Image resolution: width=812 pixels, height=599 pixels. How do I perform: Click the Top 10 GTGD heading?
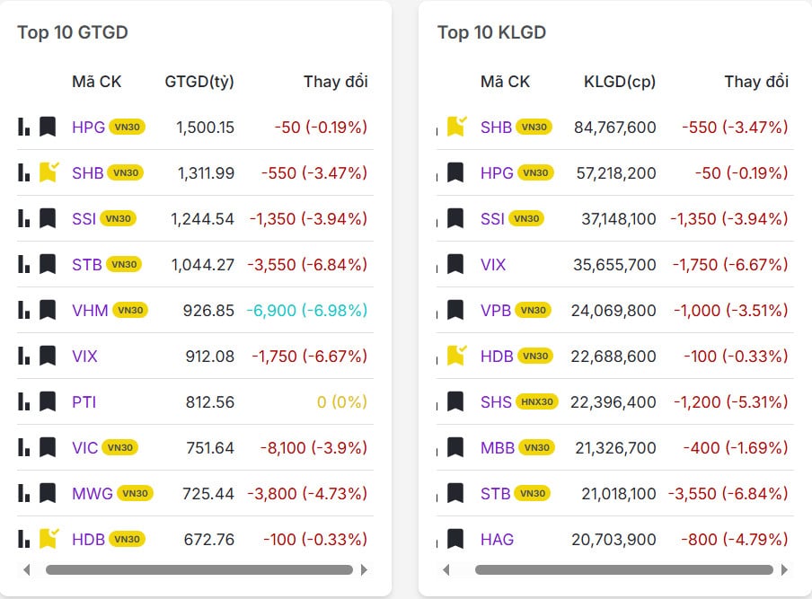72,33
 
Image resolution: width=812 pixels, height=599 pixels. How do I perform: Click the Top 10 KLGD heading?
491,33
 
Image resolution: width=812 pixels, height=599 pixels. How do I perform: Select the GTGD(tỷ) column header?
199,82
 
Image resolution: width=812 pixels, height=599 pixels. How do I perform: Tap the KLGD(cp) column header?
620,82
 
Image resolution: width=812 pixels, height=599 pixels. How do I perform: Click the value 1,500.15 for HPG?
205,128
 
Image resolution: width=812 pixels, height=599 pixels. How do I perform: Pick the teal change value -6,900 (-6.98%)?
306,311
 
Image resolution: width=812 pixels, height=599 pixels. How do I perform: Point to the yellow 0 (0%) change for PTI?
342,402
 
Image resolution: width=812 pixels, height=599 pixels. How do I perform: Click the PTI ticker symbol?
84,402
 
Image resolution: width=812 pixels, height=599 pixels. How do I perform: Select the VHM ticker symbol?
90,311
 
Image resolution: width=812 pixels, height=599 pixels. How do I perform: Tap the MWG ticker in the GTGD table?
93,494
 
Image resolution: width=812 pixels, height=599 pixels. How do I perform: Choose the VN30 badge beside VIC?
119,448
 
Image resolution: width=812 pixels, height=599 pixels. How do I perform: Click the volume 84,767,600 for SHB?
614,128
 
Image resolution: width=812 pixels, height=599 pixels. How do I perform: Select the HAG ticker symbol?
497,540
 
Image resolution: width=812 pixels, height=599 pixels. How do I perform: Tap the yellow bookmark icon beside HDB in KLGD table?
456,356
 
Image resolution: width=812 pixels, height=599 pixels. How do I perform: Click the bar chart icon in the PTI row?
24,401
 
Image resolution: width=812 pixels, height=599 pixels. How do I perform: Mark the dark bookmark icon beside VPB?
455,311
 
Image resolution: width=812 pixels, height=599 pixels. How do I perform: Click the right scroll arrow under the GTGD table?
364,569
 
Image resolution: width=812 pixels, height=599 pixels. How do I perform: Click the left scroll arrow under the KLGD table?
446,569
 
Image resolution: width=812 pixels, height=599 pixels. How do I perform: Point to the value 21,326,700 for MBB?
614,448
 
